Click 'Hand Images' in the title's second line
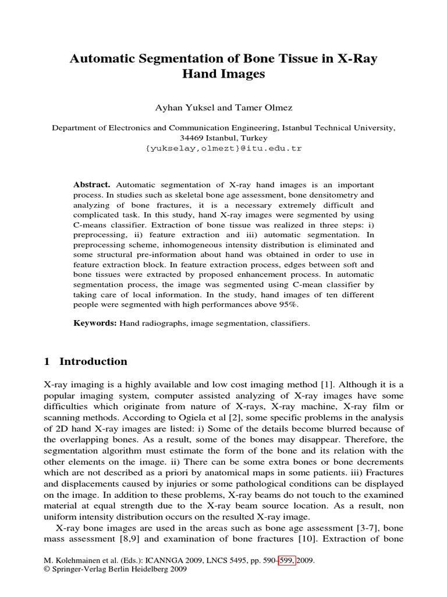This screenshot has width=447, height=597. (224, 75)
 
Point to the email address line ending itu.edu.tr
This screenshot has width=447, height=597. (223, 148)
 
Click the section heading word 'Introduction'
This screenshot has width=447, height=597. (93, 361)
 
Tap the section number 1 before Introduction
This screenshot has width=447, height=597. (47, 361)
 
